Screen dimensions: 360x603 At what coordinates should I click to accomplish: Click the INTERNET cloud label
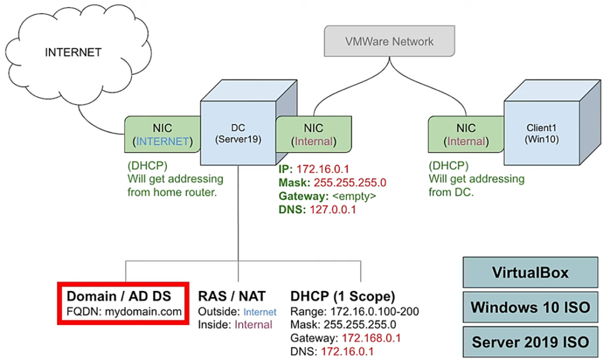73,52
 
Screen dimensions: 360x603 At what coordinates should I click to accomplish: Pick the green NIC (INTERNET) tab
163,134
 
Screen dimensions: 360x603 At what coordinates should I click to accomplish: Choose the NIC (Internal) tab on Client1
466,134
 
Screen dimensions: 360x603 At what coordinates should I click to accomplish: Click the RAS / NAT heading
232,296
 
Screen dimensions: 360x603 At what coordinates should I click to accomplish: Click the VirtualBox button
530,272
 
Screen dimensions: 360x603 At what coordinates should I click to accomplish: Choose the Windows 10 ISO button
530,306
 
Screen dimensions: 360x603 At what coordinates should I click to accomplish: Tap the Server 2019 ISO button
530,341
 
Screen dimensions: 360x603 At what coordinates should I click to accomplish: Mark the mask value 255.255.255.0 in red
350,182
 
